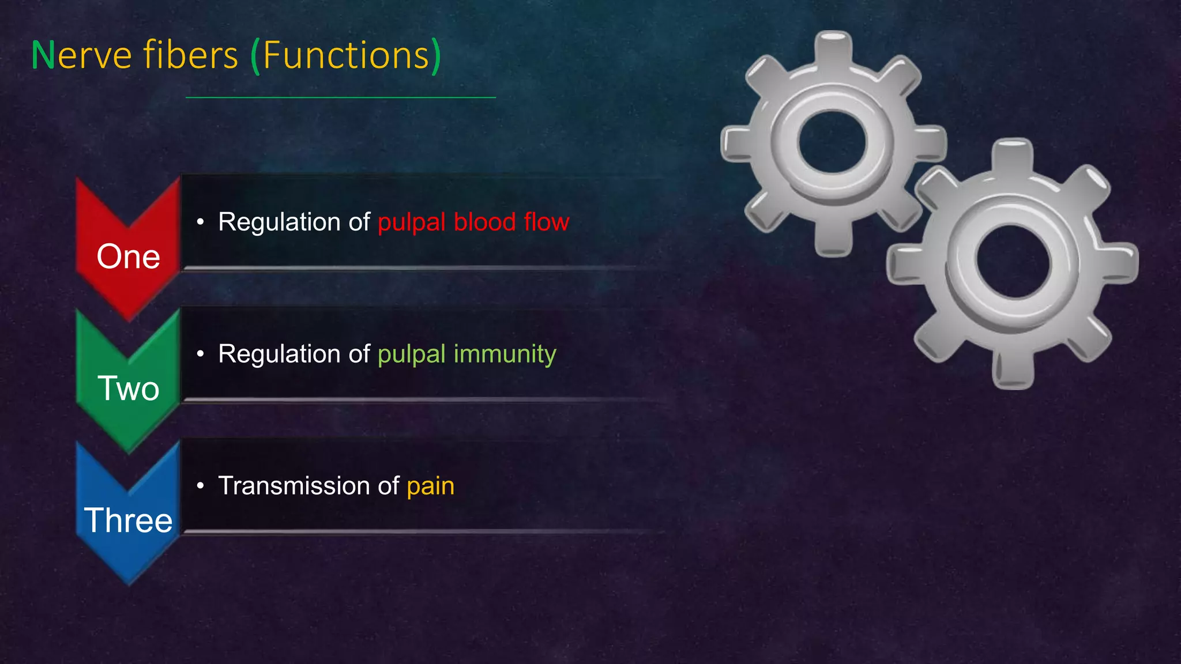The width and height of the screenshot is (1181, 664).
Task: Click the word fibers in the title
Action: [190, 56]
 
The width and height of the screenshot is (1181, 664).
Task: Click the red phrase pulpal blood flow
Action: [473, 222]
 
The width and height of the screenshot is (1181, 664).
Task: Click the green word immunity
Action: [505, 354]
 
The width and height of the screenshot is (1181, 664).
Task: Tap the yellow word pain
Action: [430, 486]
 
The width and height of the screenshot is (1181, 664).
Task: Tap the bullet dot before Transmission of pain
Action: [200, 486]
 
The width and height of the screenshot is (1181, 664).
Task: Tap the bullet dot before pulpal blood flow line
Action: [200, 222]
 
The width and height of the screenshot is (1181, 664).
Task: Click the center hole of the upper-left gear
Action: [832, 142]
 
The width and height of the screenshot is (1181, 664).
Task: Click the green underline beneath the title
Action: [340, 97]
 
